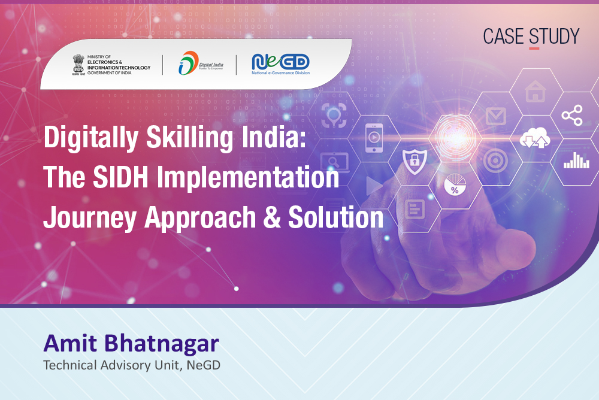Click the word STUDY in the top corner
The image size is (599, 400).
pos(554,37)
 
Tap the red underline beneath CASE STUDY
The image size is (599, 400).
pos(534,49)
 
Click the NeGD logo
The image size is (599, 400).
pos(280,64)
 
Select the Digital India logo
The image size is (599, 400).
pos(201,63)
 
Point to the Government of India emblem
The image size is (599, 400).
pos(78,65)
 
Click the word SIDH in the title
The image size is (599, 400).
pos(120,177)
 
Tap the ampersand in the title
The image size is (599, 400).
pos(271,217)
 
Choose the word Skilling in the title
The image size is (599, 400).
pos(189,138)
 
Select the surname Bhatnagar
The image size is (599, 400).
pos(162,343)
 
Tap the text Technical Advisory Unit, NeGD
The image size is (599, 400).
pos(132,365)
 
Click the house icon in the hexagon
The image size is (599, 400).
pos(535,91)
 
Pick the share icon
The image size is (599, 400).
pos(572,115)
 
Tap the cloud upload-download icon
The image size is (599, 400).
pos(535,138)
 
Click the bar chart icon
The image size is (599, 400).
pos(576,160)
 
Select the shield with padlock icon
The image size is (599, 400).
pos(415,161)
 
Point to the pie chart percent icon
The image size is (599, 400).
pos(455,185)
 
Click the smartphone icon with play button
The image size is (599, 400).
pos(374,138)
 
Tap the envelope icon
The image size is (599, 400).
pos(496,116)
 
